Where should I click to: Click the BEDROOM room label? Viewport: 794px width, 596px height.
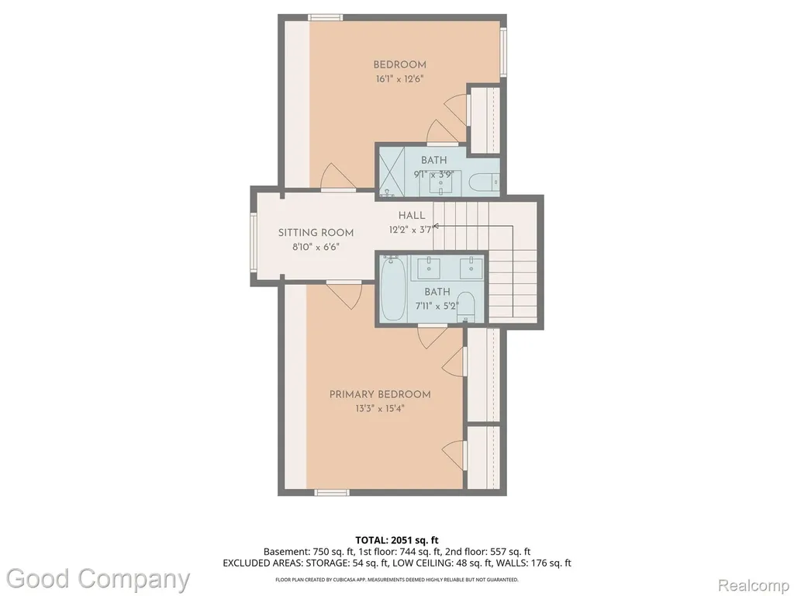click(x=399, y=64)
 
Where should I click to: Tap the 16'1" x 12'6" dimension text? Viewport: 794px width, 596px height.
click(x=399, y=79)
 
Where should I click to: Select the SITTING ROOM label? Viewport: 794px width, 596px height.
click(x=316, y=233)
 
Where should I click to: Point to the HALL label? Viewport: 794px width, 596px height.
click(x=412, y=216)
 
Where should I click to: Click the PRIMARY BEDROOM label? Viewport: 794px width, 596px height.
click(x=380, y=394)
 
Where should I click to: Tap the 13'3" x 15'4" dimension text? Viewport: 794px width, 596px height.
click(x=380, y=408)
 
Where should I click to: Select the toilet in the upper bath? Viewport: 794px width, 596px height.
click(x=484, y=182)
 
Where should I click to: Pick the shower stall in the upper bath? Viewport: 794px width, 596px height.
click(x=392, y=172)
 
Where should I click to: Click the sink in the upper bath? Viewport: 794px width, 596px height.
click(x=440, y=183)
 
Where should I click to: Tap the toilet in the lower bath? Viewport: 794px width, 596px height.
click(x=465, y=306)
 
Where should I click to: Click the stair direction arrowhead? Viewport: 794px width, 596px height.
click(x=436, y=226)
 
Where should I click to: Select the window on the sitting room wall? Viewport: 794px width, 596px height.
click(x=253, y=242)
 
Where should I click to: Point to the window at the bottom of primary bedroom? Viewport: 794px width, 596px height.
click(x=332, y=492)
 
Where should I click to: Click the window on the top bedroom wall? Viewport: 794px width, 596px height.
click(x=326, y=18)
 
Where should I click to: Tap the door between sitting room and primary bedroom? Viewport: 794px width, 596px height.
click(x=344, y=294)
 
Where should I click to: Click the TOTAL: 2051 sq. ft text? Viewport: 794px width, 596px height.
click(x=397, y=540)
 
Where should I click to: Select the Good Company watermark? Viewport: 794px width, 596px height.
click(x=98, y=579)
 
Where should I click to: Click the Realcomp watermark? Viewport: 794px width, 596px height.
click(x=754, y=586)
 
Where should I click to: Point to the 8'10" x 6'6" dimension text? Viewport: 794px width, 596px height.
click(x=316, y=248)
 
